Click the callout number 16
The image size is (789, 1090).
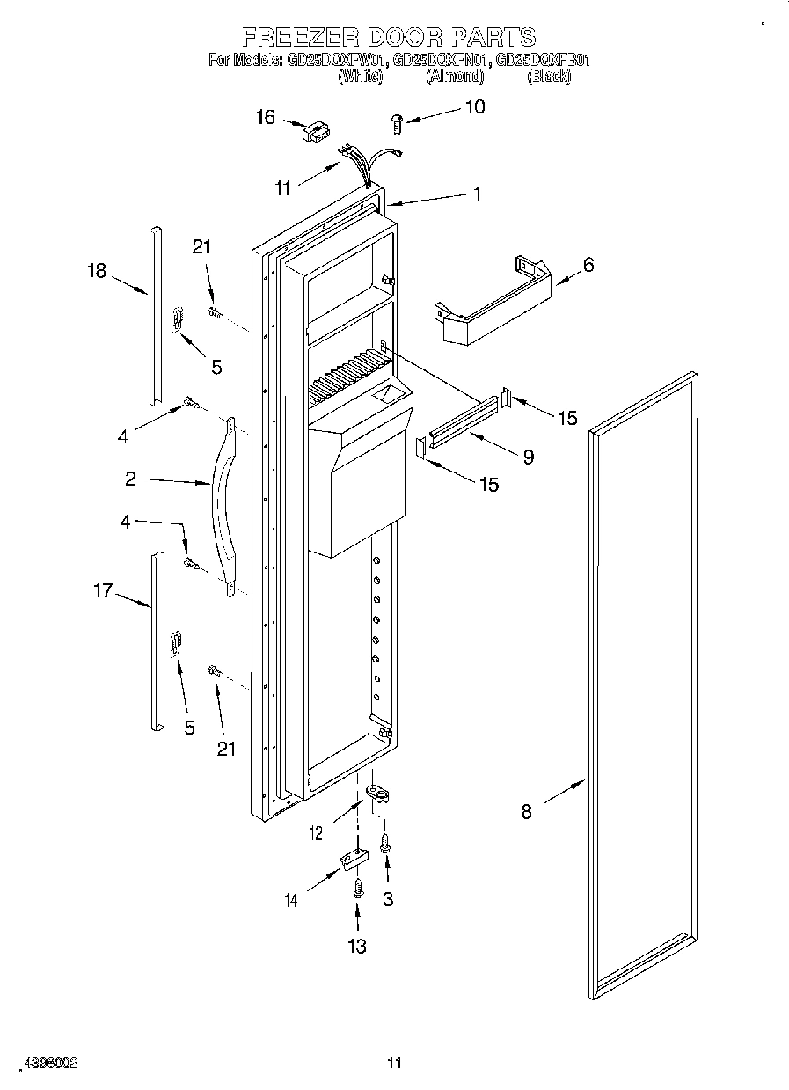(x=266, y=118)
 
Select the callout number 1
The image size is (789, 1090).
(x=478, y=194)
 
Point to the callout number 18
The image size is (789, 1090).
(x=97, y=271)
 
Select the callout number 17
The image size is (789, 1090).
(x=103, y=591)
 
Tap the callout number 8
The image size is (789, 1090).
(x=526, y=812)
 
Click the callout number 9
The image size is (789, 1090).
(x=528, y=457)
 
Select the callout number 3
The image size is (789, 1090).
(x=388, y=899)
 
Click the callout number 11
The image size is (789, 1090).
(x=282, y=187)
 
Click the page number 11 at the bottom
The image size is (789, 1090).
(x=394, y=1064)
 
